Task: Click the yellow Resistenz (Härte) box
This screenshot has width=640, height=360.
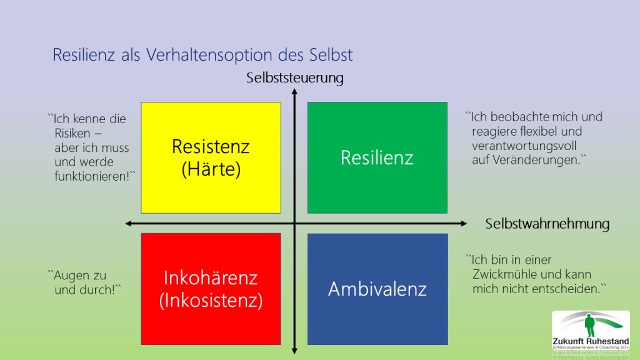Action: tap(211, 157)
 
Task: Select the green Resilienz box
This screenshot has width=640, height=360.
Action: tap(377, 157)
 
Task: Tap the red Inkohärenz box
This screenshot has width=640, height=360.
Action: tap(211, 289)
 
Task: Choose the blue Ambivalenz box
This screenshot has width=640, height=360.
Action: tap(377, 289)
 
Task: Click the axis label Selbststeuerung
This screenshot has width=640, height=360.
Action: tap(295, 77)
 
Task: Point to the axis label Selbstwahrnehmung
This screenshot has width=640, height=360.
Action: tap(547, 224)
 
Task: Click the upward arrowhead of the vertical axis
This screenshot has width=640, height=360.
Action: tap(294, 92)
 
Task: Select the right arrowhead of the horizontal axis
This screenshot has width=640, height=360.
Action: tap(464, 223)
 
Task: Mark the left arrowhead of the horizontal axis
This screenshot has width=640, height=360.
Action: tap(128, 223)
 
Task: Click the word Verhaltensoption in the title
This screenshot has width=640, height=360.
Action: tap(209, 55)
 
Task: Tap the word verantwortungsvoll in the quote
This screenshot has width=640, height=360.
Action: tap(524, 146)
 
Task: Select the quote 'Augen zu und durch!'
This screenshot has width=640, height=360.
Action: tap(84, 282)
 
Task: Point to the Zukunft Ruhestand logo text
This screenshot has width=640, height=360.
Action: tap(591, 341)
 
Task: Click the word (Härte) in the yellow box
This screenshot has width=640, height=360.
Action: tap(211, 169)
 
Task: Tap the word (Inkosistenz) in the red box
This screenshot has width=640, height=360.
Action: tap(211, 301)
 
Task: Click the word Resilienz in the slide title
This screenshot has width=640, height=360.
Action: tap(84, 55)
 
